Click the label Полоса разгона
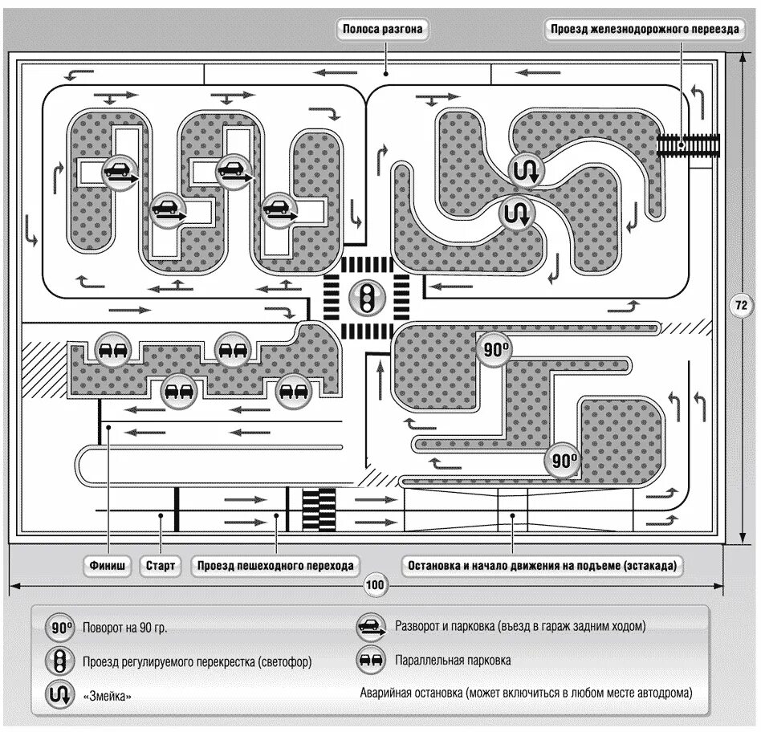(x=382, y=30)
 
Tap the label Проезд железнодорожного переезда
(x=645, y=30)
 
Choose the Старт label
(x=161, y=565)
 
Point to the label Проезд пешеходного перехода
(x=275, y=565)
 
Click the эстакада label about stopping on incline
(x=542, y=565)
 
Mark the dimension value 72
(x=741, y=304)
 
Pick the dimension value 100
(x=375, y=584)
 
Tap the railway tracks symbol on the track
(x=688, y=145)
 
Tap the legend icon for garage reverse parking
(x=369, y=626)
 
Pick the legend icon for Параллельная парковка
(x=369, y=661)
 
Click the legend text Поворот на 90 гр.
(x=124, y=628)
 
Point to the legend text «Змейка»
(x=107, y=696)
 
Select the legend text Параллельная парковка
(x=453, y=661)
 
